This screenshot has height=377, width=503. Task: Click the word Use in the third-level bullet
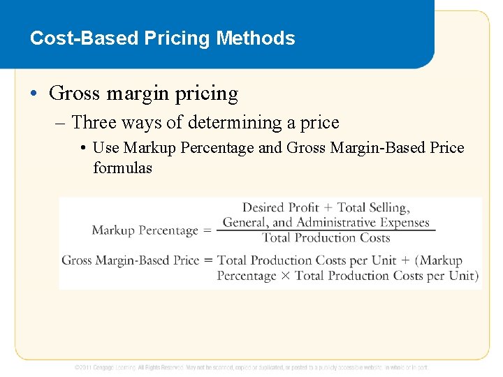105,148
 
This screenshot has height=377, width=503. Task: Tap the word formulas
122,168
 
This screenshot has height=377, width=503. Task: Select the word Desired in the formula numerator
263,207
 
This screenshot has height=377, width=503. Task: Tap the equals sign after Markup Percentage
207,230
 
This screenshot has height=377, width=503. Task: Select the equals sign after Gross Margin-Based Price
207,260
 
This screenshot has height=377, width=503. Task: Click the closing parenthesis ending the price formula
476,276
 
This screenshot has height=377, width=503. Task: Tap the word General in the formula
245,223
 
